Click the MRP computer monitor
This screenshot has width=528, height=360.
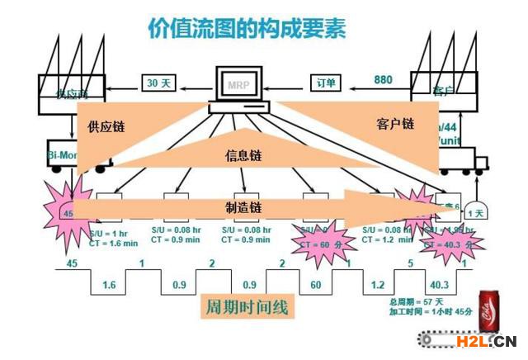(x=238, y=83)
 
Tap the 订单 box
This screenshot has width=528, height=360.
(x=327, y=83)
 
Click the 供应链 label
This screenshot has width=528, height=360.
(x=104, y=125)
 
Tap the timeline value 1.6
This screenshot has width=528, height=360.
(x=108, y=285)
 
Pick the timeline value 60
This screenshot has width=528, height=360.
(x=316, y=285)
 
